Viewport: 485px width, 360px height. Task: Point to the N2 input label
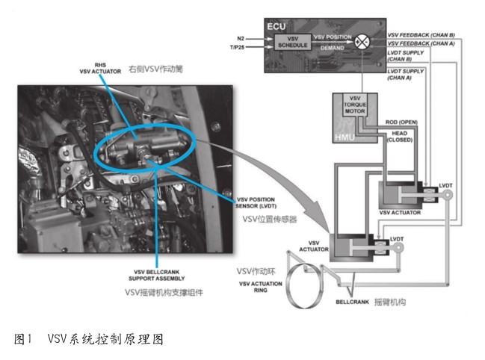pyautogui.click(x=241, y=37)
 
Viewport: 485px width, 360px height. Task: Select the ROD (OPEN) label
pyautogui.click(x=399, y=121)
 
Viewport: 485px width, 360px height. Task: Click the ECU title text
pyautogui.click(x=277, y=26)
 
